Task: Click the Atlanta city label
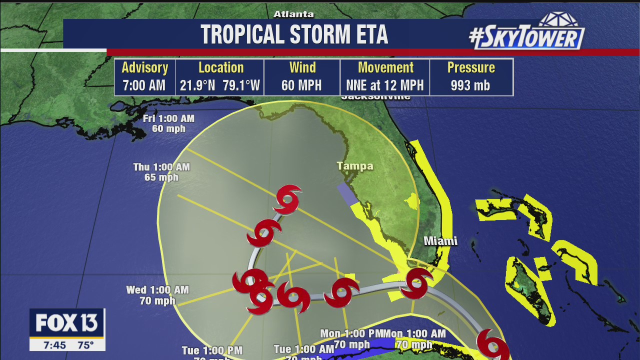(x=293, y=14)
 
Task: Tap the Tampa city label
(x=354, y=166)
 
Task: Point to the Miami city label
(x=440, y=241)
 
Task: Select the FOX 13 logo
(x=67, y=323)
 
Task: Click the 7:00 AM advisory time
(x=144, y=85)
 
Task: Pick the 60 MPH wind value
(x=301, y=85)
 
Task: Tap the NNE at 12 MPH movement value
(x=384, y=85)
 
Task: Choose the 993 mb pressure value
(x=470, y=85)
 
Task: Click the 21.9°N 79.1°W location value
(x=220, y=85)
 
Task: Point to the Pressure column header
(x=470, y=67)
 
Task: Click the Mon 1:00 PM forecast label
(x=351, y=333)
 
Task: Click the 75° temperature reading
(x=85, y=345)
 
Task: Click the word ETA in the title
(x=366, y=34)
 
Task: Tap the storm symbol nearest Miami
(x=416, y=283)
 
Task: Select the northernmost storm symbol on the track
(x=287, y=199)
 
